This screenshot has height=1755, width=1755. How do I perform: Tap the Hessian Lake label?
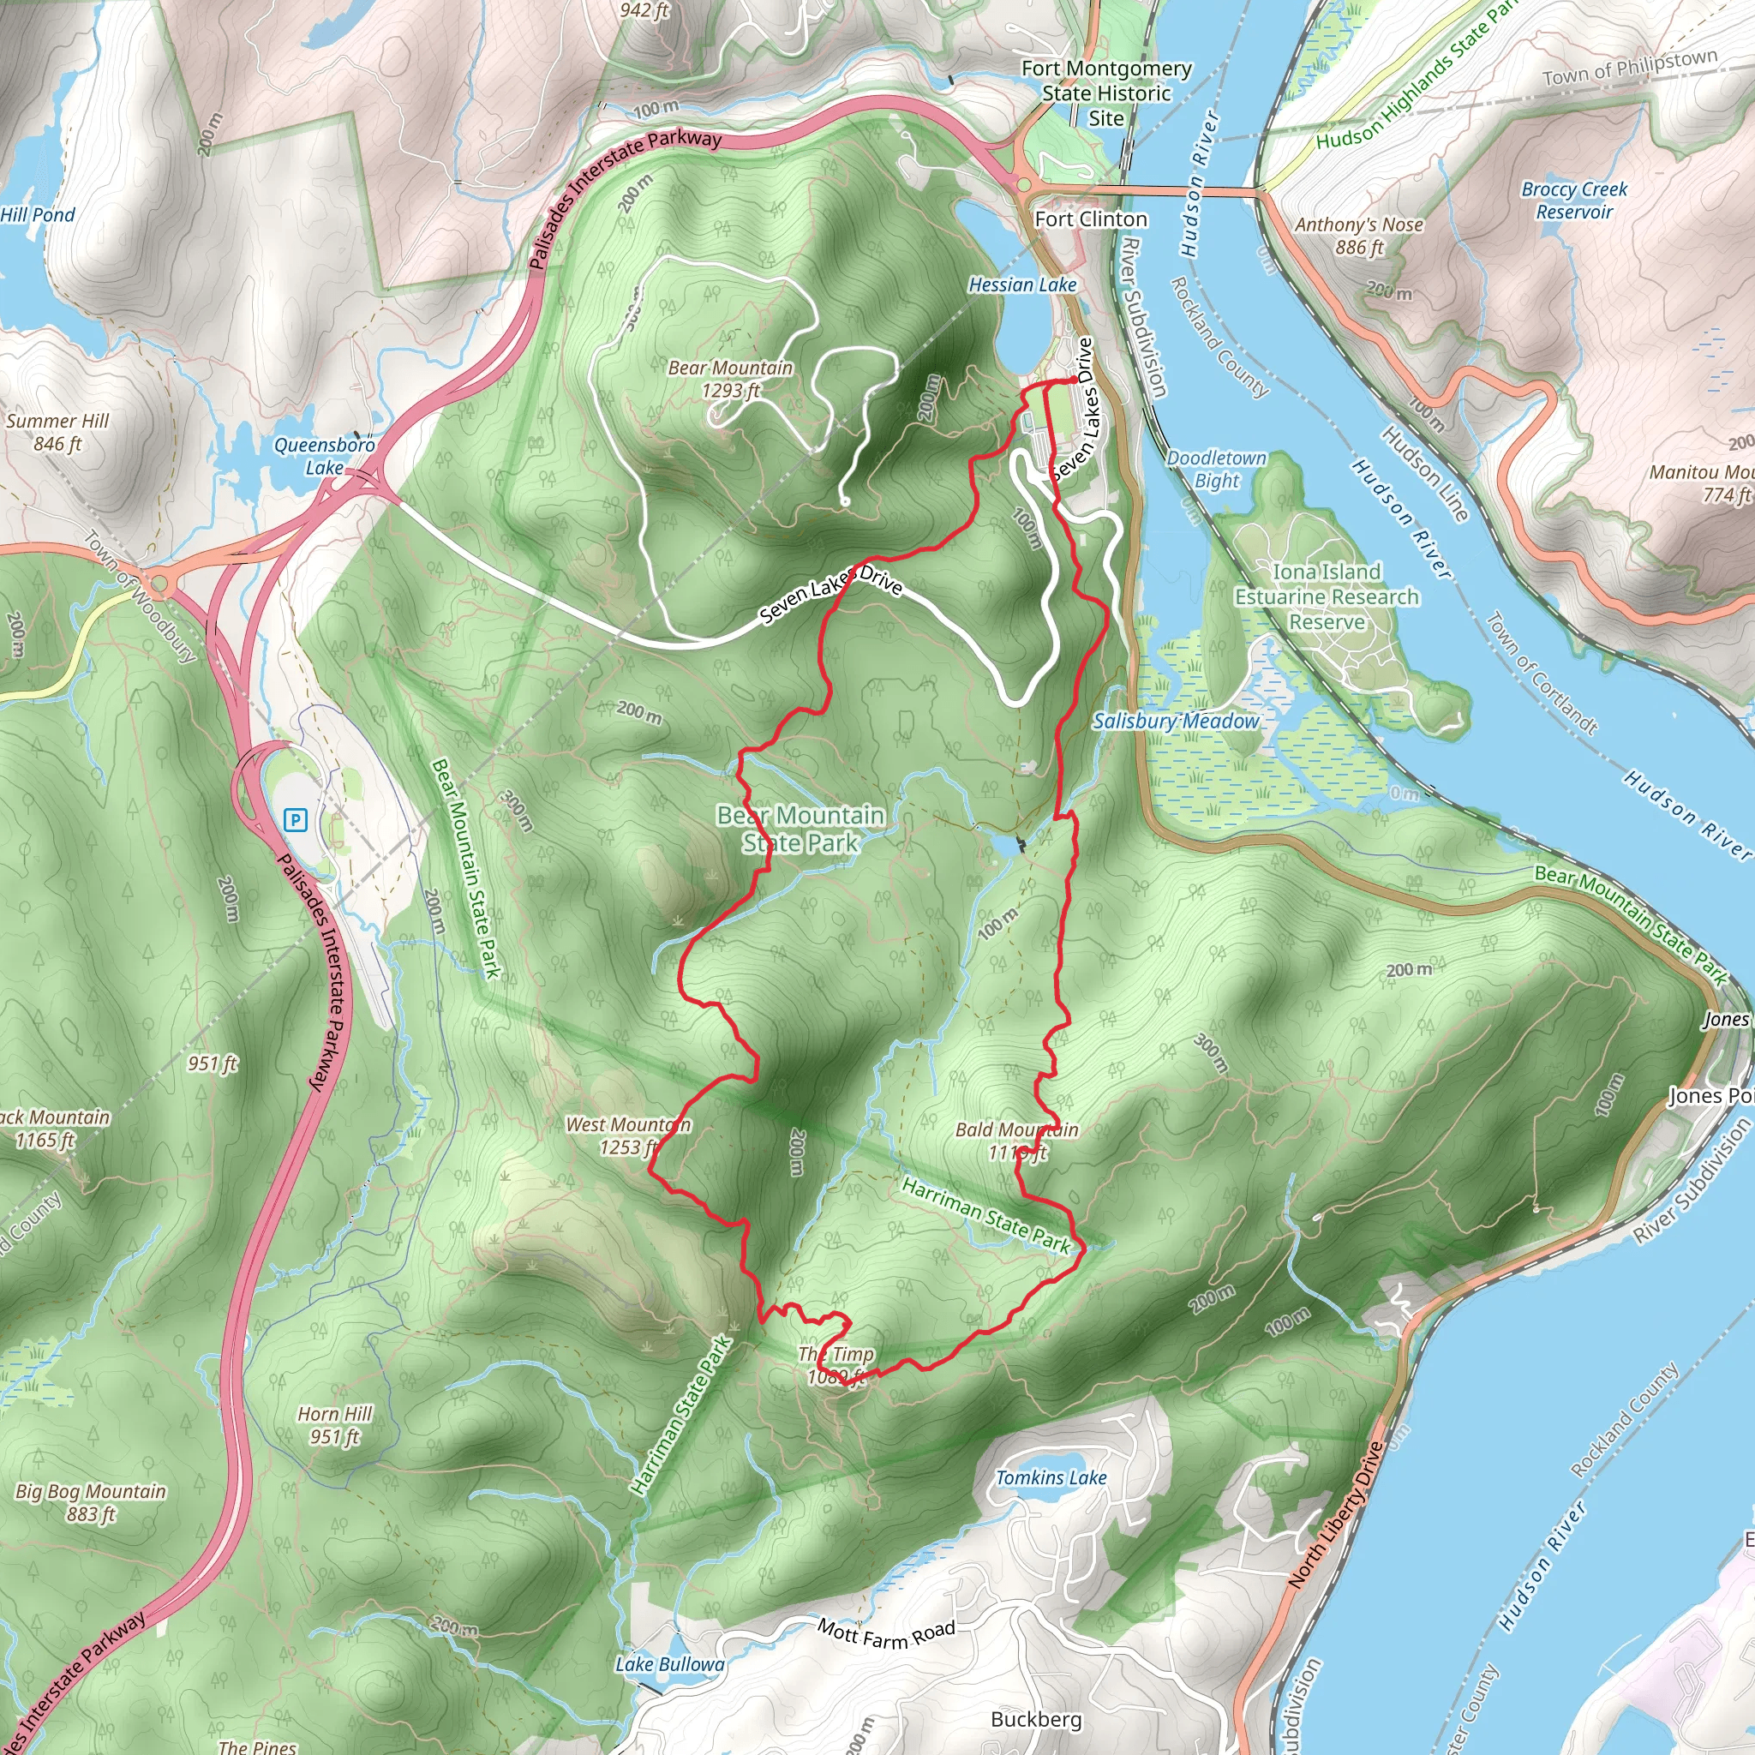[1022, 285]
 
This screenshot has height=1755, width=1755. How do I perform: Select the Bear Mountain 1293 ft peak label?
[730, 379]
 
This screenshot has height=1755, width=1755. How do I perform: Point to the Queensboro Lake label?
[324, 456]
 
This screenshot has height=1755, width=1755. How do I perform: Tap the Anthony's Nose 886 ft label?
[1358, 236]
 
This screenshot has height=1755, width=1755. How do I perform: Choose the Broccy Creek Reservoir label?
[1574, 201]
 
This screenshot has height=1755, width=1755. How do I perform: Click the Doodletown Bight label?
[1215, 469]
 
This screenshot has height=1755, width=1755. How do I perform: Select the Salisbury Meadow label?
[1176, 722]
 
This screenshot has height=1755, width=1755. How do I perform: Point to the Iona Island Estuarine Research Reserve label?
[1326, 596]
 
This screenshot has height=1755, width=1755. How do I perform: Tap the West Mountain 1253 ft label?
[627, 1135]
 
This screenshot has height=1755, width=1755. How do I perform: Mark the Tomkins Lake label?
[1051, 1478]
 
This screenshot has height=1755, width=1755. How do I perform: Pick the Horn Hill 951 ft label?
[334, 1424]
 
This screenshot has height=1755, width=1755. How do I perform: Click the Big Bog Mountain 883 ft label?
[91, 1502]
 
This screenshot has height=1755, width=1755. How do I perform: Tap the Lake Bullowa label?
[669, 1664]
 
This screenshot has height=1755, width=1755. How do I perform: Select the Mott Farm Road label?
[886, 1634]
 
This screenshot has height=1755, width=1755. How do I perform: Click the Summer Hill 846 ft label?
[57, 433]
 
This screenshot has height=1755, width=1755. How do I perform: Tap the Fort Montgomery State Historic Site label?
[1105, 93]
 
